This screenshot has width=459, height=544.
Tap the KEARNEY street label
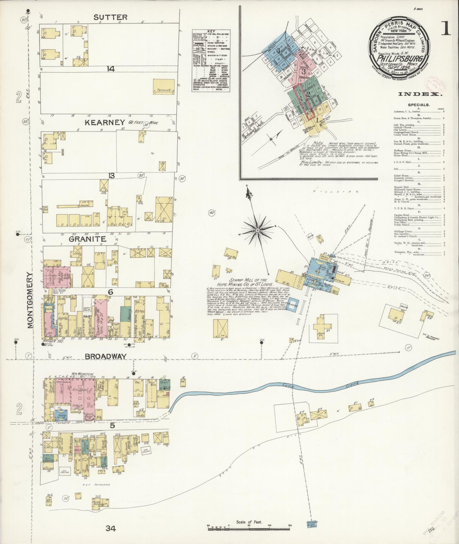[104, 123]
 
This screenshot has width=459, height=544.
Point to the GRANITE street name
[87, 239]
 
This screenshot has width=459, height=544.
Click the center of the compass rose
[258, 229]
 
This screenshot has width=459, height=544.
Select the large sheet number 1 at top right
[445, 29]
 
